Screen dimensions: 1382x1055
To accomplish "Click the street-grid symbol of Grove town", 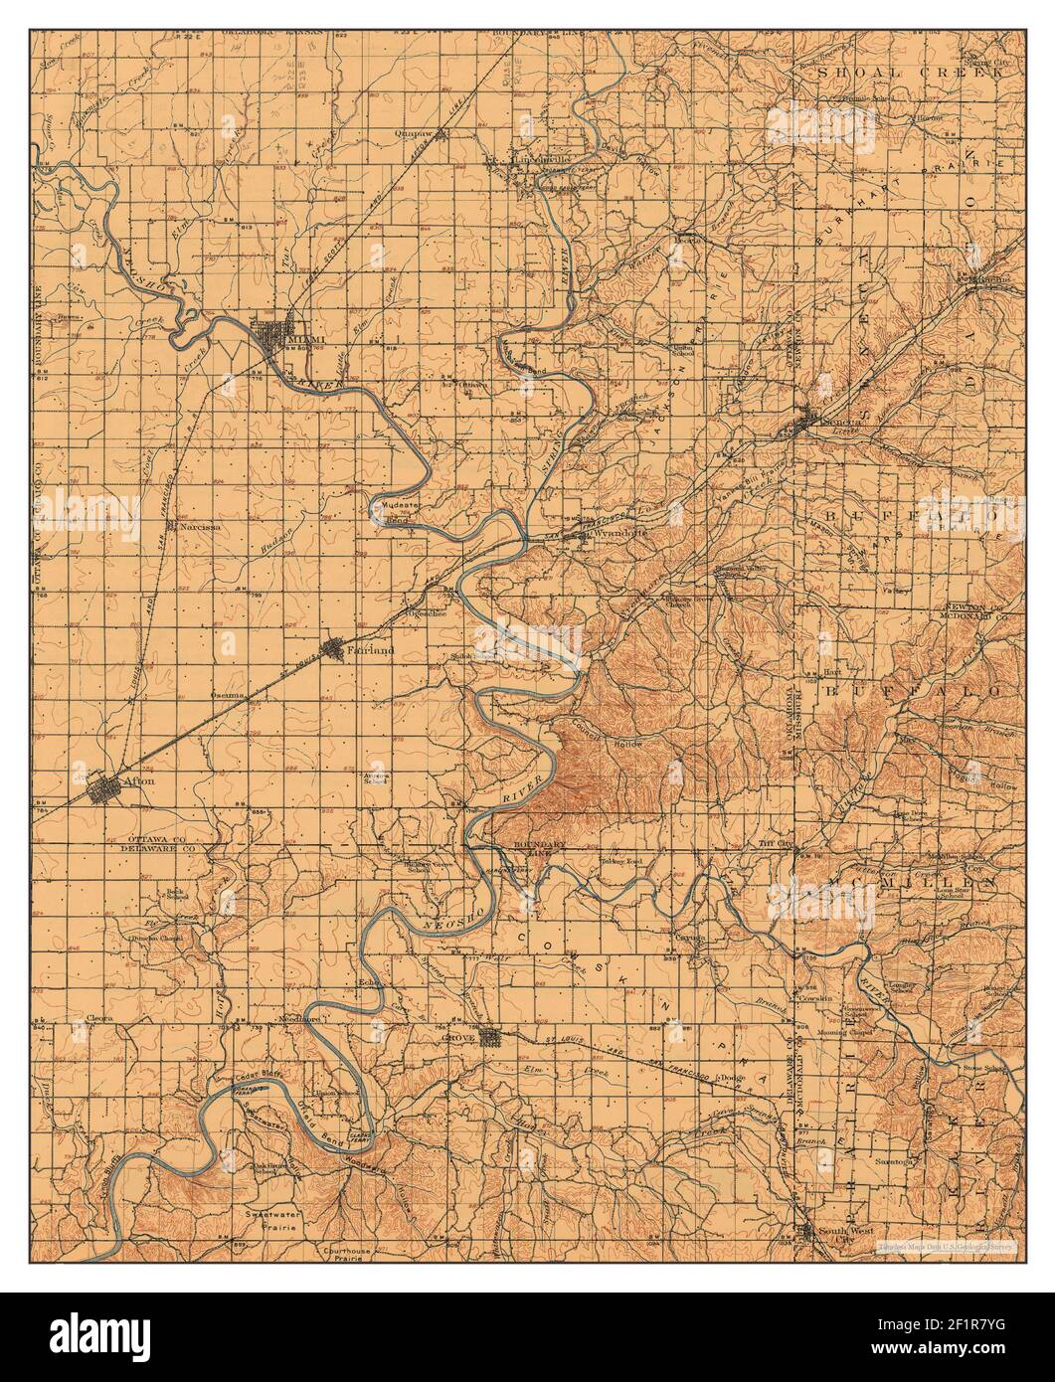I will [490, 1038].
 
